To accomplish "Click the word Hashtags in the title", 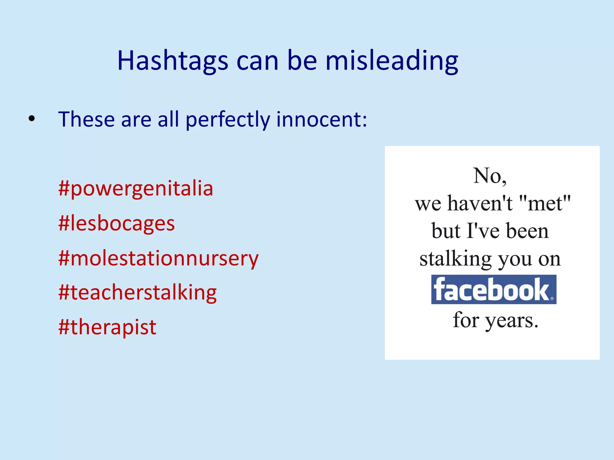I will (x=172, y=61).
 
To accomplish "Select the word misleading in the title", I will (x=392, y=61).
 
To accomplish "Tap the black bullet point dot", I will (x=31, y=119).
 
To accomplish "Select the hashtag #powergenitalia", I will (x=136, y=189).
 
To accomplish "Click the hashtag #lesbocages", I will (x=117, y=224).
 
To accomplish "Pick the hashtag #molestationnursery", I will (x=158, y=258).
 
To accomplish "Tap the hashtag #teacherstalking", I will (x=138, y=293).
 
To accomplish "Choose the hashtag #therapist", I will (x=107, y=327).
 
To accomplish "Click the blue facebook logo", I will (x=493, y=289).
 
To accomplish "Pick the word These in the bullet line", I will (x=86, y=119).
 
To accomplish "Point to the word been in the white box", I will (x=527, y=231).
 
